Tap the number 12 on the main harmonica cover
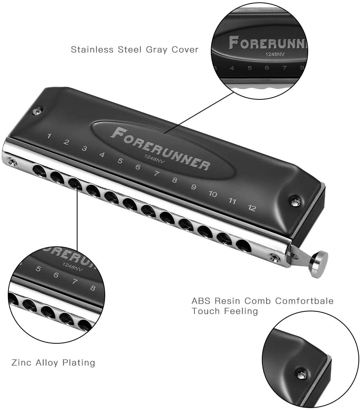pos(252,208)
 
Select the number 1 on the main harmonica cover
pos(49,136)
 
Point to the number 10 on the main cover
pos(213,194)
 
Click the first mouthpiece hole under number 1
pos(39,170)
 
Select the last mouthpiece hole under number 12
pos(243,246)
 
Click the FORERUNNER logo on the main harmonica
pos(161,148)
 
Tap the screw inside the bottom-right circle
pos(301,375)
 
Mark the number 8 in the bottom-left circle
pos(92,289)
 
